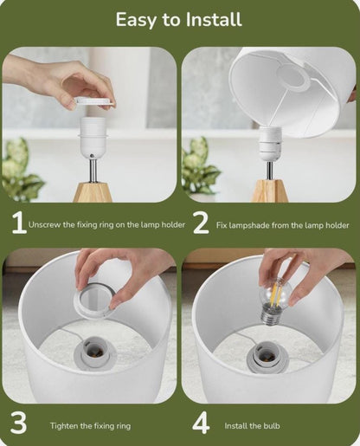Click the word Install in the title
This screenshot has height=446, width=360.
point(214,20)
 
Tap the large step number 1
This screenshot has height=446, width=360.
point(19,223)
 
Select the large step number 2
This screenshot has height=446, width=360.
point(201,223)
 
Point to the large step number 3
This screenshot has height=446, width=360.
point(18,423)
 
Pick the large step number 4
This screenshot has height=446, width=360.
point(201,423)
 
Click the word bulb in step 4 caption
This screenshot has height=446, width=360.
point(272,426)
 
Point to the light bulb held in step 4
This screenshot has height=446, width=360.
point(273,301)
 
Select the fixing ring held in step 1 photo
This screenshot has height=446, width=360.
point(94,102)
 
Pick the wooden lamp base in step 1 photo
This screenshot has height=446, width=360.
point(93,192)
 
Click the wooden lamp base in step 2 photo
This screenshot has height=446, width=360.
point(269,191)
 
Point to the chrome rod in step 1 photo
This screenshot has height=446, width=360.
point(93,171)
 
